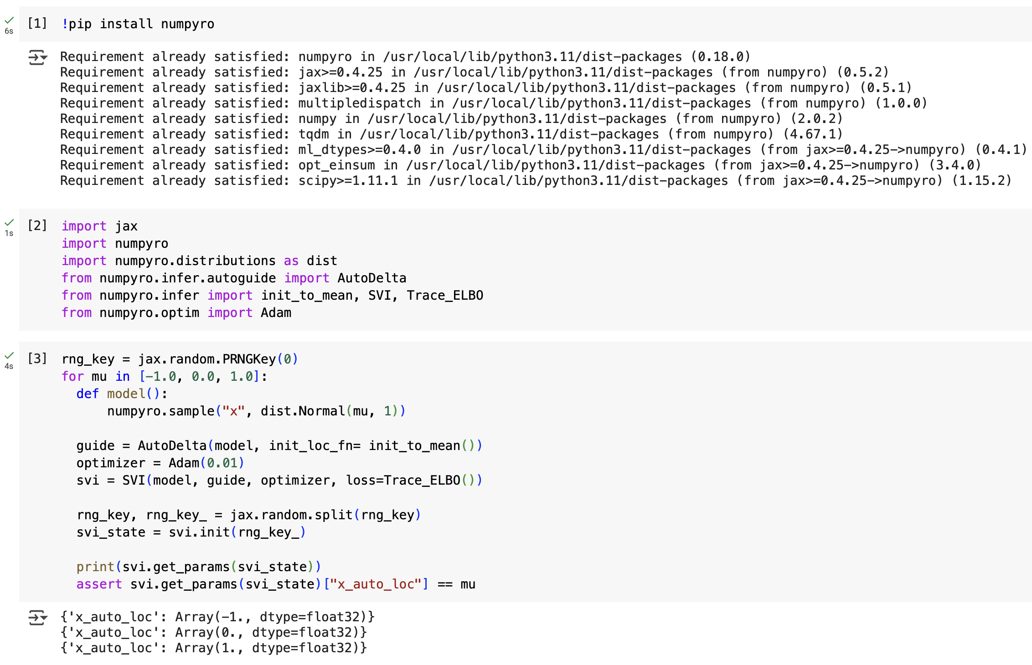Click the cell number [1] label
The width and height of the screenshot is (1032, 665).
[x=37, y=23]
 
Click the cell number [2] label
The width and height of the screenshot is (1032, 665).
[x=37, y=225]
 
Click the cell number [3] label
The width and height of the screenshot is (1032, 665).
[x=37, y=358]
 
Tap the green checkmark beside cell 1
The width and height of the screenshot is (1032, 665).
[x=9, y=20]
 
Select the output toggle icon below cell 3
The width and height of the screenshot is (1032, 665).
[x=38, y=618]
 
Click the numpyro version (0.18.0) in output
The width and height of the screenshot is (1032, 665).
[x=720, y=56]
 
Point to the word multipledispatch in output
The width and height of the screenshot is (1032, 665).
[x=359, y=103]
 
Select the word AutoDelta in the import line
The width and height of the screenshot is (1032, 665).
[x=372, y=278]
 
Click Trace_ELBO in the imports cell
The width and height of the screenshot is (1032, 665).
[x=445, y=295]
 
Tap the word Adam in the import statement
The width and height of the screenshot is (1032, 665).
[x=276, y=312]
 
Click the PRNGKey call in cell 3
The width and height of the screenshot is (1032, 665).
[x=249, y=359]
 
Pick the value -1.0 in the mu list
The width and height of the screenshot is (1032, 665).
[x=161, y=376]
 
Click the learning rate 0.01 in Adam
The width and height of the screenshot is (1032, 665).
[x=222, y=463]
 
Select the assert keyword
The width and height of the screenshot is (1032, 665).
[x=99, y=584]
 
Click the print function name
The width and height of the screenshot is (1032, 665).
[x=95, y=567]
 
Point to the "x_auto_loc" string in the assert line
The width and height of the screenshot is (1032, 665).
[x=376, y=584]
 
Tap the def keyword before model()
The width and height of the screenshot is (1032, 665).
[x=88, y=394]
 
